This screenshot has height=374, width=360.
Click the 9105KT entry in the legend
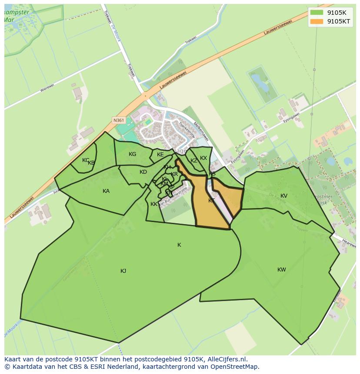tap(339, 21)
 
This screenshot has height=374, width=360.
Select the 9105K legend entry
tap(337, 12)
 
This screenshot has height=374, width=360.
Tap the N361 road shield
tap(118, 120)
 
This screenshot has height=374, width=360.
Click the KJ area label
tap(123, 271)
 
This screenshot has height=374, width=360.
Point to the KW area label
tap(282, 270)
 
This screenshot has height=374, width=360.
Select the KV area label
tap(284, 196)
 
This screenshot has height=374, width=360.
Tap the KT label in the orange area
tap(211, 201)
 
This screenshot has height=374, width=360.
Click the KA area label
tap(106, 191)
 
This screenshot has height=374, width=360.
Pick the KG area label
tap(133, 154)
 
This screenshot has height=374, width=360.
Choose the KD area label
tap(143, 172)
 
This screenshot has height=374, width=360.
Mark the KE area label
tap(160, 155)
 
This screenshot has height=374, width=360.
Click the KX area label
tap(203, 158)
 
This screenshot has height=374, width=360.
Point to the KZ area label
tap(194, 161)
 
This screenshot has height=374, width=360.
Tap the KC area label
tap(86, 160)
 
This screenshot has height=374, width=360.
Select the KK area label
tap(154, 204)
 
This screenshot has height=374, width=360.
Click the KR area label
tap(174, 174)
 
